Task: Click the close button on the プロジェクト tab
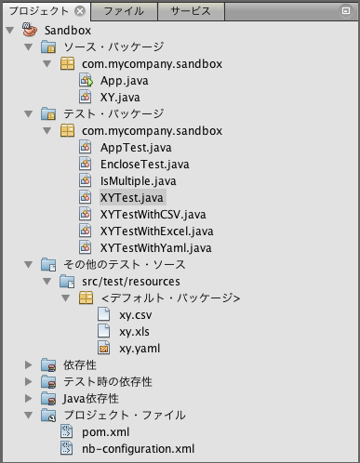[x=80, y=11]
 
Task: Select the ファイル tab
[x=124, y=11]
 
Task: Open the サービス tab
[x=191, y=11]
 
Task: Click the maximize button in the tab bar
[x=346, y=11]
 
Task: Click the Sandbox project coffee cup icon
[x=30, y=30]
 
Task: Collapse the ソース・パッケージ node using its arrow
[x=29, y=47]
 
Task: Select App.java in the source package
[x=124, y=81]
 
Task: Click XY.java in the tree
[x=120, y=98]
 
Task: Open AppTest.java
[x=136, y=148]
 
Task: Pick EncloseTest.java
[x=144, y=165]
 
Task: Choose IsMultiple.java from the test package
[x=138, y=181]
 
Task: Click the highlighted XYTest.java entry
[x=132, y=198]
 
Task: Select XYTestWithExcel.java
[x=156, y=231]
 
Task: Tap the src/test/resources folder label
[x=131, y=282]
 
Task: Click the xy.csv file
[x=136, y=315]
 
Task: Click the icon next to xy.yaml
[x=104, y=348]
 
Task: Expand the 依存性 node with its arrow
[x=29, y=365]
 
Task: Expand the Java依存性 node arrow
[x=29, y=399]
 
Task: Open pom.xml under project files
[x=105, y=432]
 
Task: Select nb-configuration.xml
[x=138, y=449]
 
